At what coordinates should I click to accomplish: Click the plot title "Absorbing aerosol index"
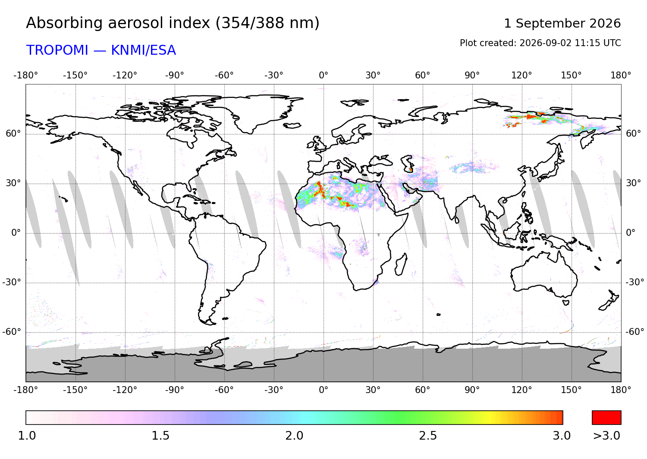[x=118, y=23]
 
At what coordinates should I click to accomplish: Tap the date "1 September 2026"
[x=562, y=23]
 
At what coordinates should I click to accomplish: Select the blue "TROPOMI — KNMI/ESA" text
[x=101, y=50]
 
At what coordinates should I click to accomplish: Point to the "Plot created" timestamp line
[x=540, y=43]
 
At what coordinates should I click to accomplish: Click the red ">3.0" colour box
[x=606, y=418]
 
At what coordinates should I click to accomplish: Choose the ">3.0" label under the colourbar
[x=606, y=436]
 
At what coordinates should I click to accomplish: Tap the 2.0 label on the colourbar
[x=294, y=436]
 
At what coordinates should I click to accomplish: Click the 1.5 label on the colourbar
[x=160, y=436]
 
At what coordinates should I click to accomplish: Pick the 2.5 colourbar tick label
[x=428, y=436]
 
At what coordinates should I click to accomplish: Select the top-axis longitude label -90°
[x=174, y=75]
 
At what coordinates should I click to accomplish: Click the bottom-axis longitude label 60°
[x=423, y=390]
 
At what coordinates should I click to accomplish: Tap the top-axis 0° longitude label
[x=323, y=75]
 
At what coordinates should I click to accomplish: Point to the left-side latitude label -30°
[x=12, y=282]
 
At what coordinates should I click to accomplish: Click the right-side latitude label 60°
[x=634, y=134]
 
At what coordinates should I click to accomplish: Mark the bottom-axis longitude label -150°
[x=75, y=390]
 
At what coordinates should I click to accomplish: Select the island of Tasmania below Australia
[x=566, y=303]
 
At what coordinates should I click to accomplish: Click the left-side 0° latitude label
[x=16, y=233]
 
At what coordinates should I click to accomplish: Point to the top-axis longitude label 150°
[x=572, y=75]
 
